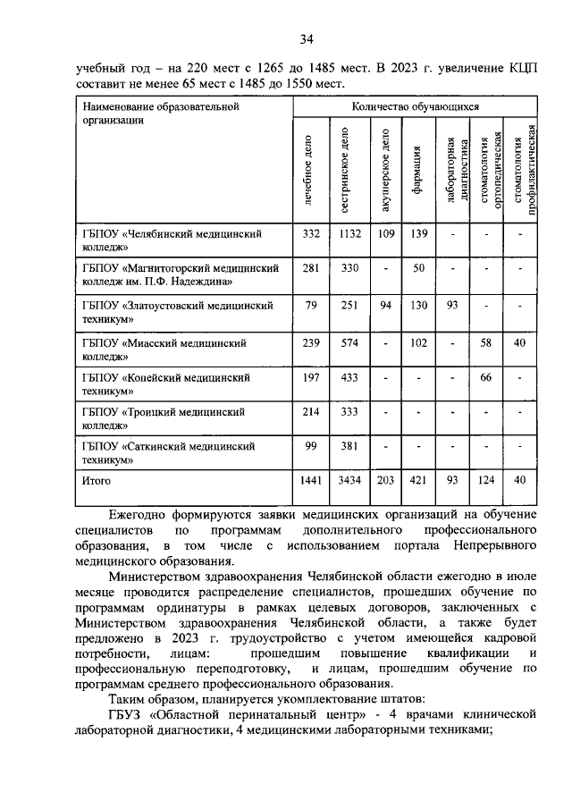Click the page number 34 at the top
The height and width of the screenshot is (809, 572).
(307, 38)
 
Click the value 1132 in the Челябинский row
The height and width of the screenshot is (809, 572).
(349, 233)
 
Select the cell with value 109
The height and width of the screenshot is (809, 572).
(385, 233)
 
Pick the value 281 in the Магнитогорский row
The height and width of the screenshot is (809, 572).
(311, 268)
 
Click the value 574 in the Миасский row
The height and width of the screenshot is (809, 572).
(349, 341)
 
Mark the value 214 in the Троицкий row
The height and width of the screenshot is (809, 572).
(311, 413)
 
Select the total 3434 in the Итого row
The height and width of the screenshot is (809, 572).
(349, 481)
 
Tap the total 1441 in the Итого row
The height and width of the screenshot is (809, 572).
(311, 481)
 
